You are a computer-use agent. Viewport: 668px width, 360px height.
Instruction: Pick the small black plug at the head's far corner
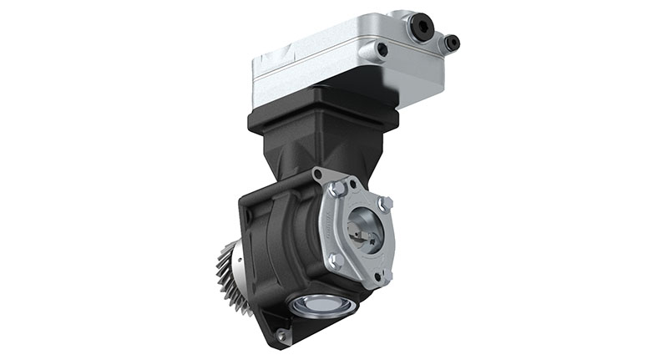[x=452, y=42]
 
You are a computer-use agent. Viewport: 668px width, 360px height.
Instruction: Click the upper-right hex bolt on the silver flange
[x=383, y=202]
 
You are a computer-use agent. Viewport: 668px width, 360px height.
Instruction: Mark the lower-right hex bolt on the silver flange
[x=382, y=272]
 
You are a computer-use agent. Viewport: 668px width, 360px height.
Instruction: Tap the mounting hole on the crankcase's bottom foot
[x=281, y=335]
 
